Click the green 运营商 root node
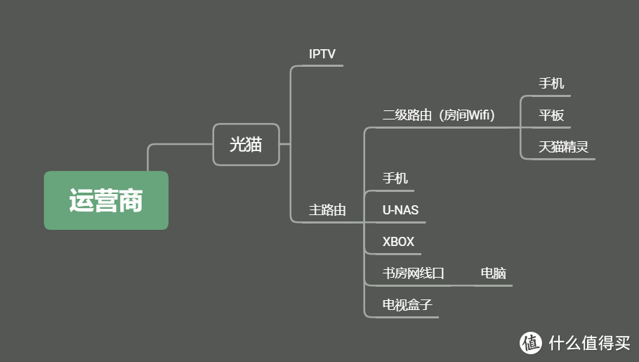(106, 200)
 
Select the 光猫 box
(246, 145)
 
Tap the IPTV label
(322, 54)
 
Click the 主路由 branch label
(327, 210)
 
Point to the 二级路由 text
(407, 115)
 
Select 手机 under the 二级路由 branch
(551, 84)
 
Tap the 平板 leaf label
(551, 115)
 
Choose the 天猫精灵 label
(563, 148)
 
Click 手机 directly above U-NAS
(395, 179)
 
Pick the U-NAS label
(400, 210)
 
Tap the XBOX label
(398, 242)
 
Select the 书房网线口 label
(414, 273)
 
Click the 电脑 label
(493, 273)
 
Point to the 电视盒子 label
(407, 305)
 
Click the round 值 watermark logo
(532, 342)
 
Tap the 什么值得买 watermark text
(589, 342)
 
